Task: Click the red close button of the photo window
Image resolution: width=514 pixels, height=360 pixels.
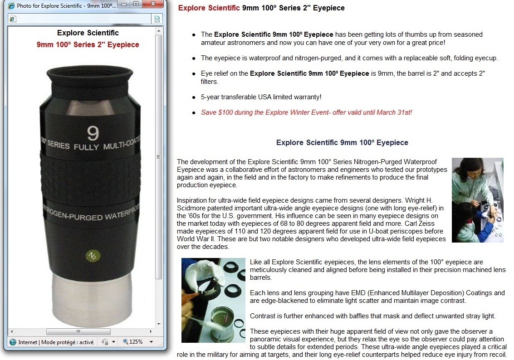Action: (x=153, y=4)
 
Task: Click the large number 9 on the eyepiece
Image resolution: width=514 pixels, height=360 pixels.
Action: (x=93, y=133)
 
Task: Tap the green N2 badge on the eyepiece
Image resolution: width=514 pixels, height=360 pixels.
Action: (x=93, y=256)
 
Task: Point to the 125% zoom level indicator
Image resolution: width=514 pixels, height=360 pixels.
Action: (x=136, y=342)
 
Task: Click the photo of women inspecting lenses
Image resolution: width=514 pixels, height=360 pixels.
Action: (x=477, y=200)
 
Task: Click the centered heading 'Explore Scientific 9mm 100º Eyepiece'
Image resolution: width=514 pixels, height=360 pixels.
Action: (x=342, y=142)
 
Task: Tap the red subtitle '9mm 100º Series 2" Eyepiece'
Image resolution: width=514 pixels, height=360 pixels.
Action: (x=88, y=44)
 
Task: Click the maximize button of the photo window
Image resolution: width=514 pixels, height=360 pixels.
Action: (x=136, y=4)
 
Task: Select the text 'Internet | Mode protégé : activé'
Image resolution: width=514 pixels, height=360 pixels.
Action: (x=56, y=342)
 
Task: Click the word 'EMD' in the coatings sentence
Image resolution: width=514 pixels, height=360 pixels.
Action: (x=358, y=293)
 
